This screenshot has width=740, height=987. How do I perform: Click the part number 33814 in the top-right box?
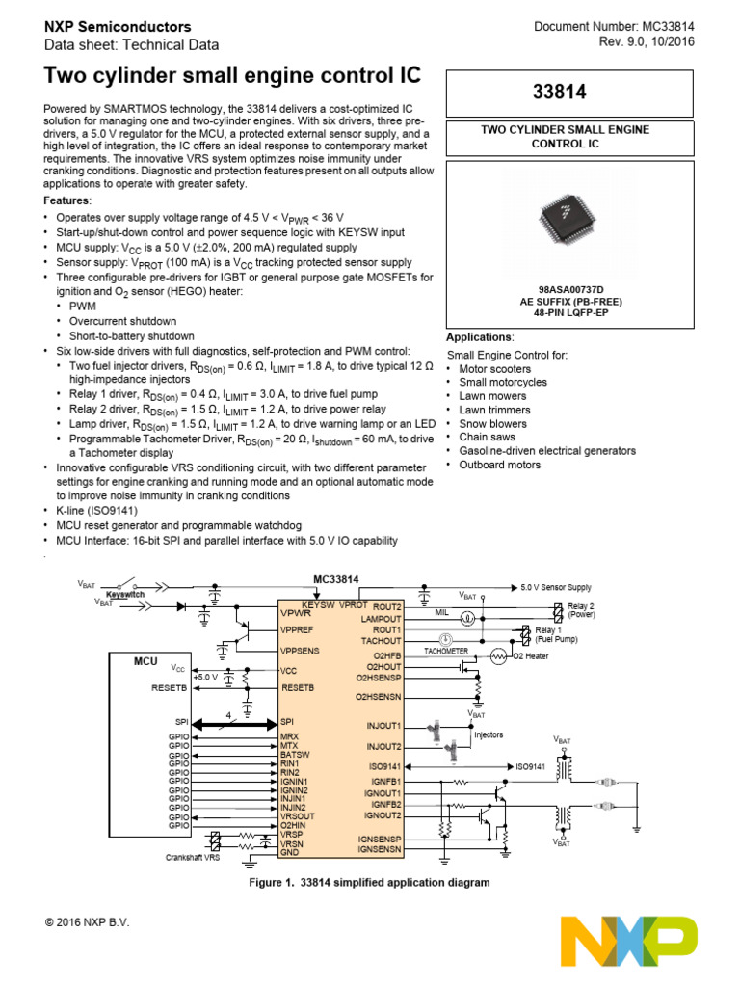(566, 93)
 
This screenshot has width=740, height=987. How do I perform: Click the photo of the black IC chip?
(566, 220)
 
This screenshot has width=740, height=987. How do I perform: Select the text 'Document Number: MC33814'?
(615, 27)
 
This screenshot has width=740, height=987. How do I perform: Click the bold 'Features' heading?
(67, 200)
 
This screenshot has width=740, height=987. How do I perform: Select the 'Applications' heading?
(480, 337)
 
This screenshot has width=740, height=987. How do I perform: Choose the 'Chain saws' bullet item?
(487, 437)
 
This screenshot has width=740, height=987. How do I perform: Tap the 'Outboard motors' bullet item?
(500, 465)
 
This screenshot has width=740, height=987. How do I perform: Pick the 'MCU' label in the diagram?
(145, 662)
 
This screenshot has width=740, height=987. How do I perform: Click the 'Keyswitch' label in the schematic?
(125, 596)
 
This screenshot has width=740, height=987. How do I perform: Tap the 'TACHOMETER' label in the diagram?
(445, 652)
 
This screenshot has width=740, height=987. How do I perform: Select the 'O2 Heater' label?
(532, 656)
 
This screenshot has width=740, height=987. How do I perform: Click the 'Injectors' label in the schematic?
(488, 734)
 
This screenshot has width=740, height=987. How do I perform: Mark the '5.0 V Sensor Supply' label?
(556, 587)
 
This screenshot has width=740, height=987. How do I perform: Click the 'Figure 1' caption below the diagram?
(369, 882)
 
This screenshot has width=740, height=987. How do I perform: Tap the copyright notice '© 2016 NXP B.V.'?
(88, 922)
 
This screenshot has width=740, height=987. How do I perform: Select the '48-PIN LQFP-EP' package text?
(566, 312)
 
